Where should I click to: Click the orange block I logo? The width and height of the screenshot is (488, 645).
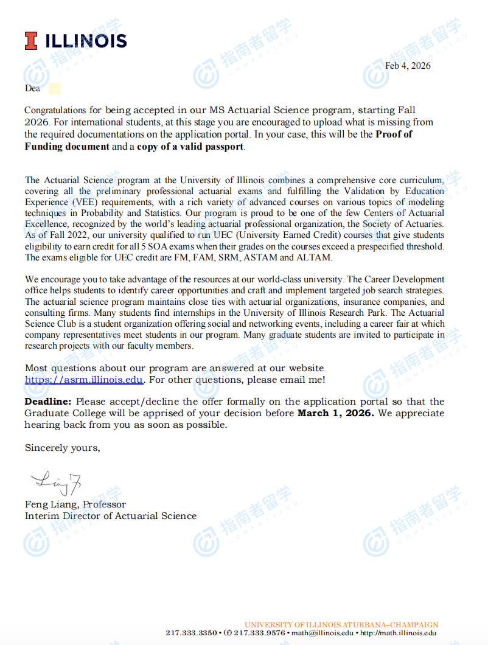click(x=31, y=41)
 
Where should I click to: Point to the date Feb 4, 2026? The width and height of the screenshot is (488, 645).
click(x=408, y=66)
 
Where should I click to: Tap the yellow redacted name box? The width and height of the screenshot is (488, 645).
click(x=54, y=89)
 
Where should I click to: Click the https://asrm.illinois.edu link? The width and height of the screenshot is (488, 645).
click(x=84, y=380)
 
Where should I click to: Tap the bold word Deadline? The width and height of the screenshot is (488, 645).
click(x=48, y=402)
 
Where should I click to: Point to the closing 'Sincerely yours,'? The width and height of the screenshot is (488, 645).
click(x=62, y=448)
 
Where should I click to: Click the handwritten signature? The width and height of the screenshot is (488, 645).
click(x=55, y=484)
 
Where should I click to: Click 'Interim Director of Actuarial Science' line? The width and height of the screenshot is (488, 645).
click(x=111, y=516)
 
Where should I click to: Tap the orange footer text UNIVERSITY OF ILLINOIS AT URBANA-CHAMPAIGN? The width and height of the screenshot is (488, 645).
click(x=341, y=625)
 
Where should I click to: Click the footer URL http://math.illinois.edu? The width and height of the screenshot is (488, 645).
click(x=398, y=633)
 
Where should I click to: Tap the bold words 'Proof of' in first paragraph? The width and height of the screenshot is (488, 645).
click(x=394, y=134)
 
